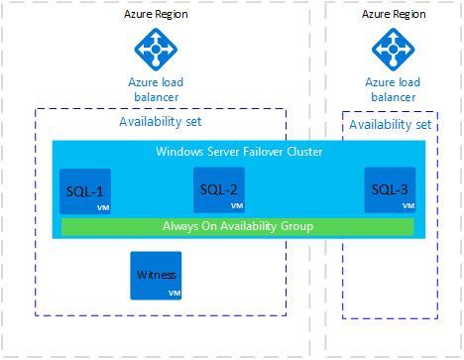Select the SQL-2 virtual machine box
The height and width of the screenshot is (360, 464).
pyautogui.click(x=218, y=189)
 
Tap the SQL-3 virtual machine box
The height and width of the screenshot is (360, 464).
pyautogui.click(x=389, y=189)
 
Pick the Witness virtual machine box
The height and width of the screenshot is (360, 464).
pyautogui.click(x=156, y=276)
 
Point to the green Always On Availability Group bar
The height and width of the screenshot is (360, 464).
pyautogui.click(x=237, y=227)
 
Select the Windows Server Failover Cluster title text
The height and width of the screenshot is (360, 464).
pyautogui.click(x=239, y=152)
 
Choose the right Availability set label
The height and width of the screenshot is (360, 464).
pyautogui.click(x=390, y=125)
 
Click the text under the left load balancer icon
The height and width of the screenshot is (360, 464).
pyautogui.click(x=156, y=88)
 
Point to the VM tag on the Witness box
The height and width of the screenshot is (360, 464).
pyautogui.click(x=174, y=294)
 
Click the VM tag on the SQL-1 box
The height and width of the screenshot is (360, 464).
pyautogui.click(x=102, y=208)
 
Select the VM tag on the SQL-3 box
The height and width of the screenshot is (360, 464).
pyautogui.click(x=406, y=206)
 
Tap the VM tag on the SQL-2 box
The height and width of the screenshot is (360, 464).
pyautogui.click(x=236, y=206)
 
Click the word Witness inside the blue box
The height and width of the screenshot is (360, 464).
pyautogui.click(x=155, y=276)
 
